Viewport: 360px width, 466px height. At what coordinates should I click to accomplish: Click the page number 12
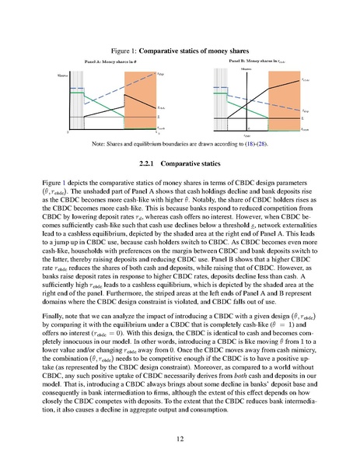(180, 440)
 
